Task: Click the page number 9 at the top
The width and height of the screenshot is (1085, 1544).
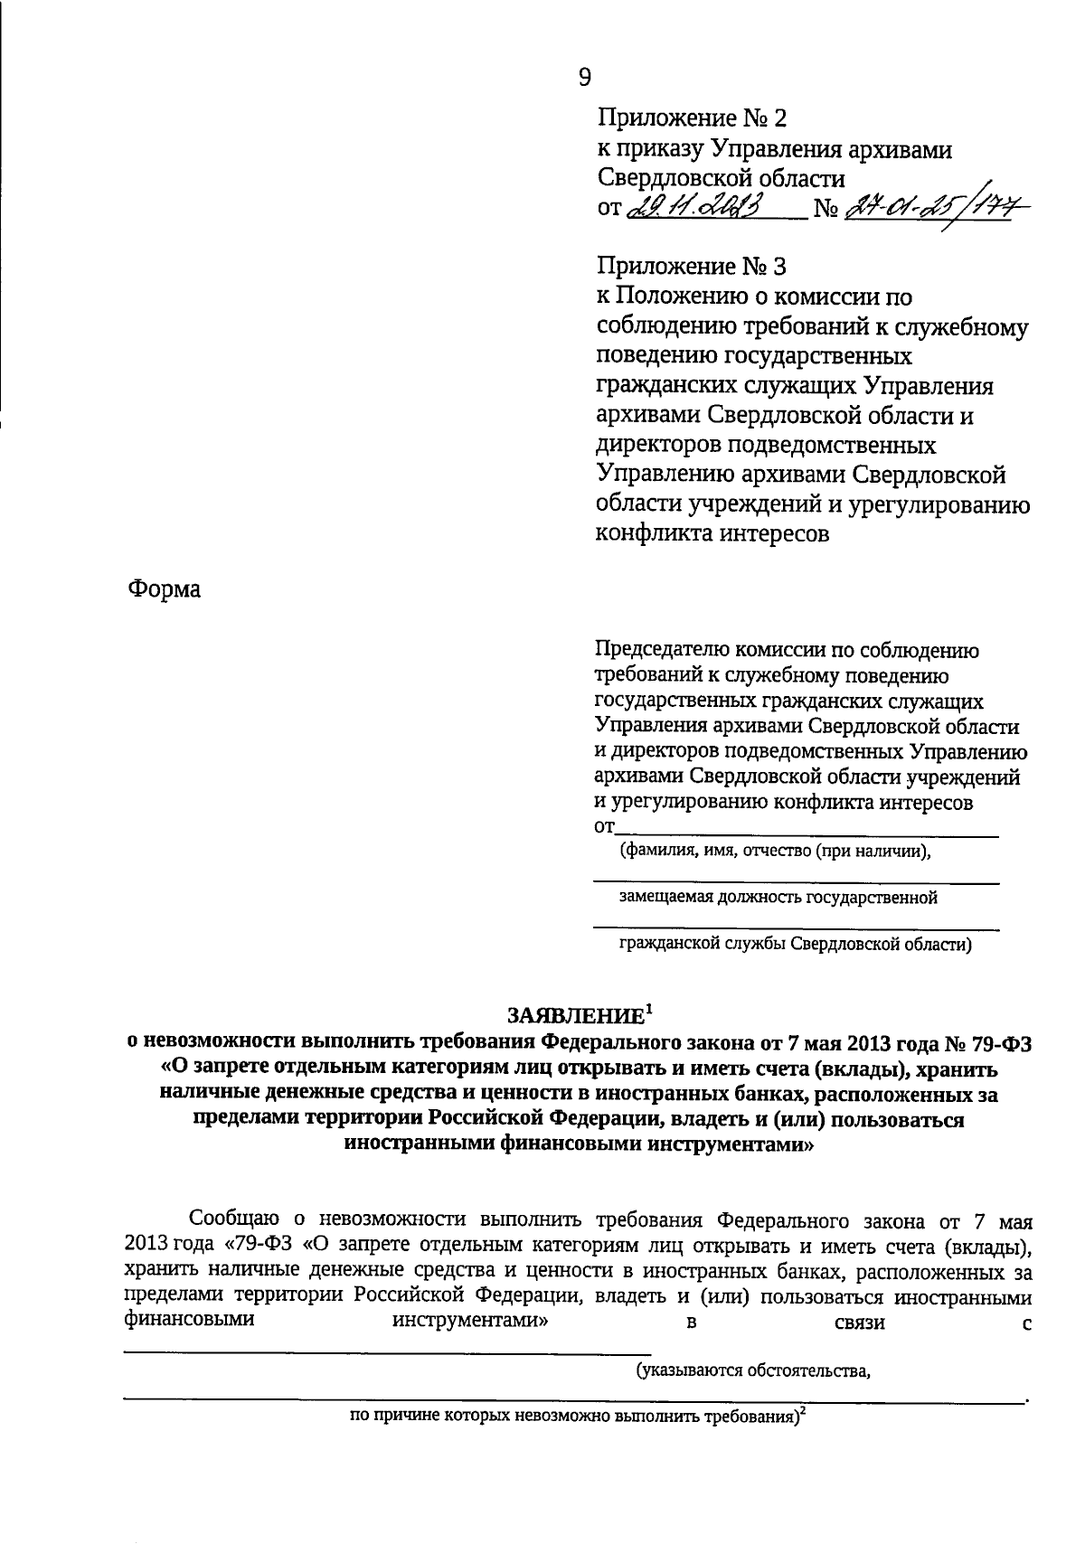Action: [584, 78]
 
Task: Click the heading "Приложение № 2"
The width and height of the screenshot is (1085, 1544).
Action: [693, 118]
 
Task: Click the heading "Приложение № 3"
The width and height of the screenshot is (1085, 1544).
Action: [693, 267]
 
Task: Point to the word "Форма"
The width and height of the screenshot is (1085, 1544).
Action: [164, 589]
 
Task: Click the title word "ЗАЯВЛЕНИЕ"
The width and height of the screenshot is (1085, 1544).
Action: [574, 1015]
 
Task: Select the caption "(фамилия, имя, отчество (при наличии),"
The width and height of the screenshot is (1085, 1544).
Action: [775, 852]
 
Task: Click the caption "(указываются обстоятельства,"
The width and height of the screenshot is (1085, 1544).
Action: [752, 1371]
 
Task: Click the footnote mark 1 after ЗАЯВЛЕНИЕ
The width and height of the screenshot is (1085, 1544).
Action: [648, 1008]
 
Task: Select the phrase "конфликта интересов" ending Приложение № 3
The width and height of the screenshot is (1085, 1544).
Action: [711, 533]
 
